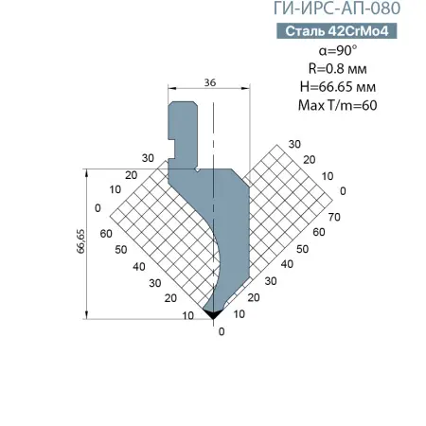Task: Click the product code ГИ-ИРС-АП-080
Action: (x=337, y=9)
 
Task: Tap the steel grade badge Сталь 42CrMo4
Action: (x=337, y=31)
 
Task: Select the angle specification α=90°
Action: (x=338, y=50)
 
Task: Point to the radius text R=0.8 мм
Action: (x=338, y=68)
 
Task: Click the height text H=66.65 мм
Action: (x=338, y=87)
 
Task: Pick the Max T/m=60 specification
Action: (x=338, y=105)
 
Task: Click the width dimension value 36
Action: (x=210, y=82)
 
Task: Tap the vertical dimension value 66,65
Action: (x=80, y=241)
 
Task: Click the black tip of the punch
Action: (x=213, y=314)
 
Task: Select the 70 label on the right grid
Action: (x=334, y=217)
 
